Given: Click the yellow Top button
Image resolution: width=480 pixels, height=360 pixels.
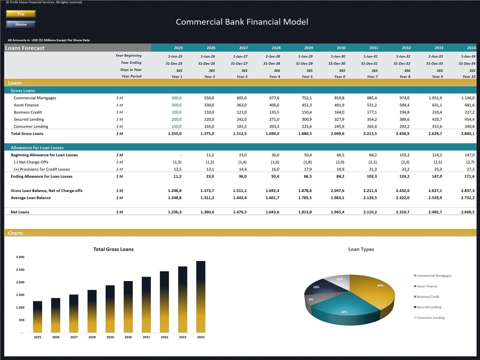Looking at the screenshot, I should tap(21, 14).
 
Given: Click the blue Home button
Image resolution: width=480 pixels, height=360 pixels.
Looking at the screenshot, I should tap(21, 24).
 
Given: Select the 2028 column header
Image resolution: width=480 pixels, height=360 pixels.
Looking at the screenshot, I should tap(276, 48).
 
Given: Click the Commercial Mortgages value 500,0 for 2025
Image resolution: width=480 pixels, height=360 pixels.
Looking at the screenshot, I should tap(176, 98).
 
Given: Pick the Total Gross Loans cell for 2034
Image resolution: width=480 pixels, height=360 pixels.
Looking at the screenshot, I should tap(468, 133).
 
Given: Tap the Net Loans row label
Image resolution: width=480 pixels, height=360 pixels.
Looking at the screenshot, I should tap(20, 212).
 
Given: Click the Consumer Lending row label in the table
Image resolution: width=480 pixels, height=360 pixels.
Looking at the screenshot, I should tap(31, 126).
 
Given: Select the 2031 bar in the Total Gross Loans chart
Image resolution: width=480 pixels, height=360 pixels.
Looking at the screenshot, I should tap(146, 304).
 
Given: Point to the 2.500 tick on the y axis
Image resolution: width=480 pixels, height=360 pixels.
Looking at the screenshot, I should tap(20, 270).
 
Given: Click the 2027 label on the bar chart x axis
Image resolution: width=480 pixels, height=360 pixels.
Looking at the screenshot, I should tap(74, 337).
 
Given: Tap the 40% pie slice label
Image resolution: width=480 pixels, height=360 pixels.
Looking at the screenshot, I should tap(380, 285).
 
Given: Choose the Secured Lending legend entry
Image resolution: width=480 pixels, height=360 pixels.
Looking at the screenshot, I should tap(429, 307).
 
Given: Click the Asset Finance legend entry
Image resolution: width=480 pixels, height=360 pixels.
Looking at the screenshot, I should tap(427, 286).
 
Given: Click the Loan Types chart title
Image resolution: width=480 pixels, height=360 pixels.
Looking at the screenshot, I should tap(361, 249).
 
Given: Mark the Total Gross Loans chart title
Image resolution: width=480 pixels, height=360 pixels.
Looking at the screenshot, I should tap(113, 249).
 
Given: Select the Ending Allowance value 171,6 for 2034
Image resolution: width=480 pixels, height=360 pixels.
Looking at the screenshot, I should tap(469, 176).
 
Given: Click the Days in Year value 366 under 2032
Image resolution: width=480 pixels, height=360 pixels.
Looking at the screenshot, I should tap(407, 70).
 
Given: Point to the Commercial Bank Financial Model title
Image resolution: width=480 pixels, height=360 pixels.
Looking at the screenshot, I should tap(242, 22).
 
